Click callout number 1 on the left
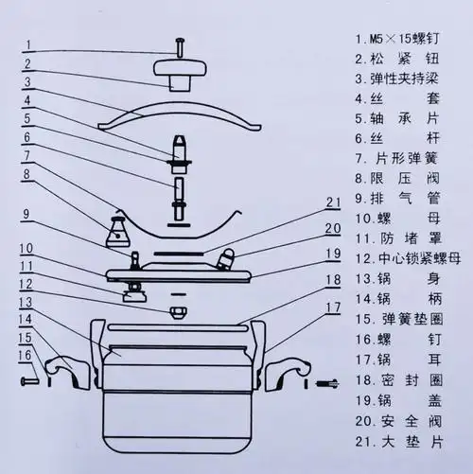(28, 44)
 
